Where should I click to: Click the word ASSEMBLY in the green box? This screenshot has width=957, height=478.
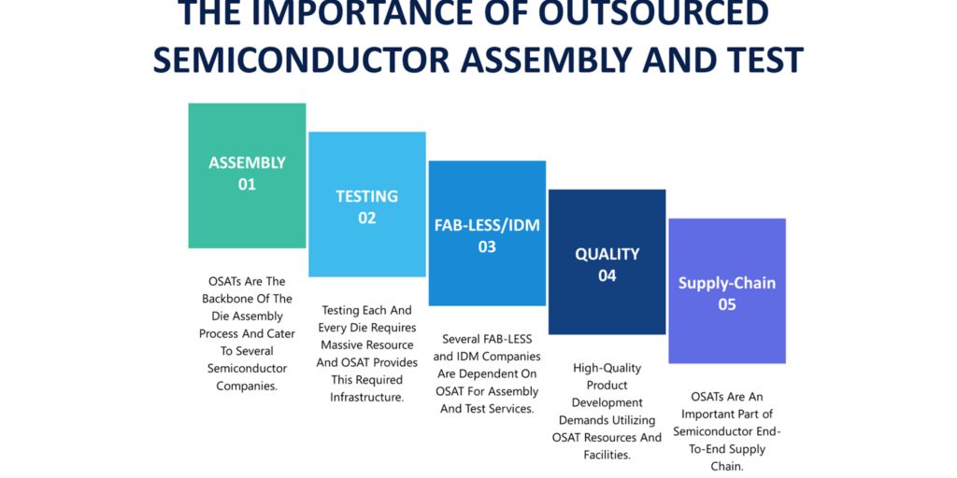(247, 162)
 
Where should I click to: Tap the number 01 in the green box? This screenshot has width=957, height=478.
(247, 184)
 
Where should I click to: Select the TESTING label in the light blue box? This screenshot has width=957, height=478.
(366, 196)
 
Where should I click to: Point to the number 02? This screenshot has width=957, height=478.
(366, 218)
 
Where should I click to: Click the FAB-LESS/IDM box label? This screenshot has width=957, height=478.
(487, 225)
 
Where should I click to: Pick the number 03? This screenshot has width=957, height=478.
(487, 246)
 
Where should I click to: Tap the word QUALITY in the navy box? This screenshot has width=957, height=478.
(607, 254)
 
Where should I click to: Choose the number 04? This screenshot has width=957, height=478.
(607, 275)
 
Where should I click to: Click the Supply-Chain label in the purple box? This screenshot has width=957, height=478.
(727, 284)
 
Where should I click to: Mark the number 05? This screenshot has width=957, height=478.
(727, 304)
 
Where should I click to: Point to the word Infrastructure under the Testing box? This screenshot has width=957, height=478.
(366, 397)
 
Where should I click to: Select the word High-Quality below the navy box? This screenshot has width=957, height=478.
(607, 368)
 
